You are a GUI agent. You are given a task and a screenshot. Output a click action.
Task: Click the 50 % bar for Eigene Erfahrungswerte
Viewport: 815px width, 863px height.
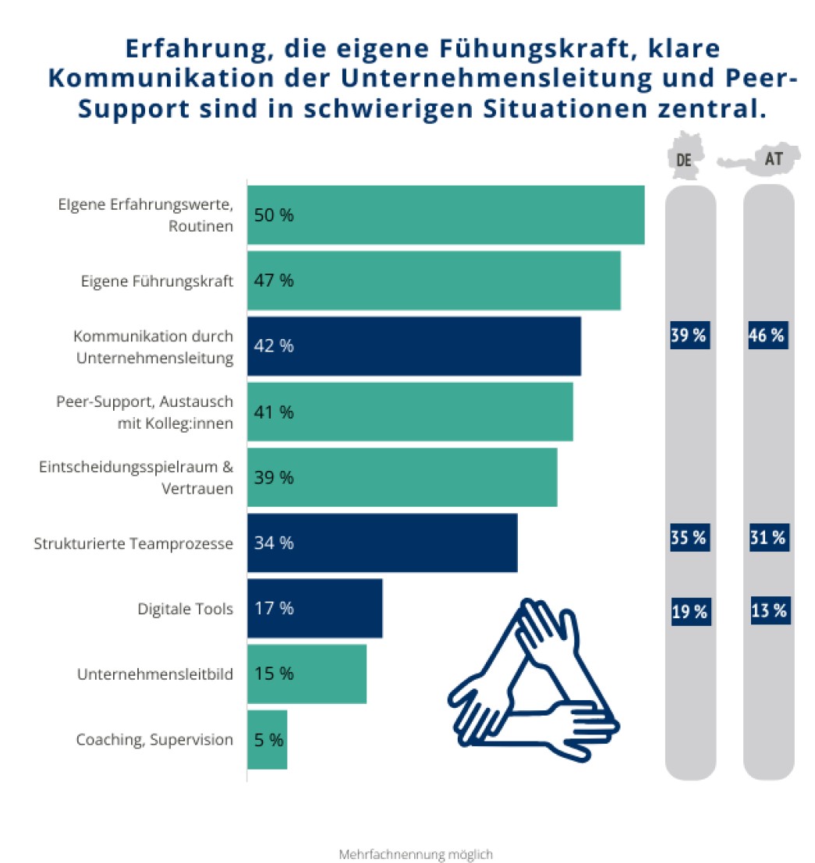click(445, 215)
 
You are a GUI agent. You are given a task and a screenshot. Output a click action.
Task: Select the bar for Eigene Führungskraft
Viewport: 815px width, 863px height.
click(434, 281)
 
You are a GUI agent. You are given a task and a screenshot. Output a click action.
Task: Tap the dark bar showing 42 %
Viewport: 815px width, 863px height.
click(414, 346)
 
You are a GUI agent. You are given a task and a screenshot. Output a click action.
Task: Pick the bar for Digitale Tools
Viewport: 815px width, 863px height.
click(315, 609)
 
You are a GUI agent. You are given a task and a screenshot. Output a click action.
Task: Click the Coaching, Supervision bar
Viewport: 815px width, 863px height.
click(268, 740)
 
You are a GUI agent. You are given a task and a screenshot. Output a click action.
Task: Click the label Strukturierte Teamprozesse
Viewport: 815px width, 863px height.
click(133, 543)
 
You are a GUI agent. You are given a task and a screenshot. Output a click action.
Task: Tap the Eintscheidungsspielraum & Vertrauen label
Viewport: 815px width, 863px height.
click(136, 478)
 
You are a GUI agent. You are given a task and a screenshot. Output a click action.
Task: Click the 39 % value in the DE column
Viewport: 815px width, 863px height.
click(689, 336)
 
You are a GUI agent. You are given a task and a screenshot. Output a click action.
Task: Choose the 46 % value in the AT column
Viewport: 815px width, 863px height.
click(767, 336)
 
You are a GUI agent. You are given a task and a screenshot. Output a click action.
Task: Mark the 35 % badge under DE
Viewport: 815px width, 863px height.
click(689, 538)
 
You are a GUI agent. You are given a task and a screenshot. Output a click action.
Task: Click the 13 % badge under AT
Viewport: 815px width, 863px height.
click(770, 610)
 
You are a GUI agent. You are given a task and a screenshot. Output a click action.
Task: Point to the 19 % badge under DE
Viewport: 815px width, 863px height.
click(690, 612)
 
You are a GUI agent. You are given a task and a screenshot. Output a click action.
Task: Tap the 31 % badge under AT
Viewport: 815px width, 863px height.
click(767, 538)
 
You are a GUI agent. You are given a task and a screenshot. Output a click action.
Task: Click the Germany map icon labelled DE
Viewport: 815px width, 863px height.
click(685, 161)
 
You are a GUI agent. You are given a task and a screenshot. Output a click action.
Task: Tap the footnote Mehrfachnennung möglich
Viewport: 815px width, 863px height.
click(416, 854)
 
